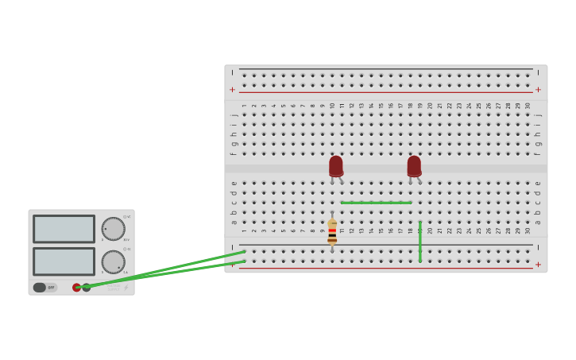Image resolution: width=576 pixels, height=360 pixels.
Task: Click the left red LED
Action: click(336, 166)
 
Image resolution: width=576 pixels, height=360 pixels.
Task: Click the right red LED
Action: click(414, 166)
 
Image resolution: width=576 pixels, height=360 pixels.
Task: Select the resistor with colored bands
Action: click(332, 232)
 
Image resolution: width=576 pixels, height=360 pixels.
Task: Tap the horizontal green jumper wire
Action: click(376, 203)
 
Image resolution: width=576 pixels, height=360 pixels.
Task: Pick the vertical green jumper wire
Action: click(420, 242)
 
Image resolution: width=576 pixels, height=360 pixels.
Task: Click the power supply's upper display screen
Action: click(64, 229)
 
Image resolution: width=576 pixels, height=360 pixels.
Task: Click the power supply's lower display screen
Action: click(64, 261)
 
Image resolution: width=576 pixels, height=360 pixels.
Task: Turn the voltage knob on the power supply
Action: click(113, 229)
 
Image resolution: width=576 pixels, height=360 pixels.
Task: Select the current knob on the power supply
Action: click(113, 261)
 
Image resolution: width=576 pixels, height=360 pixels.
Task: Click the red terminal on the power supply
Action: click(77, 288)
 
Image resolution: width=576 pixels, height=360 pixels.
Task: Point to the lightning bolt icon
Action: click(126, 288)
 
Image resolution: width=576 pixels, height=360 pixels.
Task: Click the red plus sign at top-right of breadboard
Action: click(538, 90)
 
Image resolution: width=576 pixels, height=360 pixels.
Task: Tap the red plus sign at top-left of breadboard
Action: click(233, 90)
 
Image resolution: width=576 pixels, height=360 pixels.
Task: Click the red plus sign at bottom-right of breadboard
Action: click(538, 265)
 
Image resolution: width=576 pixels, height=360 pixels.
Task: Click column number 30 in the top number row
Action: click(528, 106)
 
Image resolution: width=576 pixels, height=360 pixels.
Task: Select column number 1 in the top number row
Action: click(244, 106)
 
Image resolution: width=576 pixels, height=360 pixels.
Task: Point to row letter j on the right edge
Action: click(538, 115)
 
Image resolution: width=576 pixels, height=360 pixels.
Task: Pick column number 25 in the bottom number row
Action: click(478, 230)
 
